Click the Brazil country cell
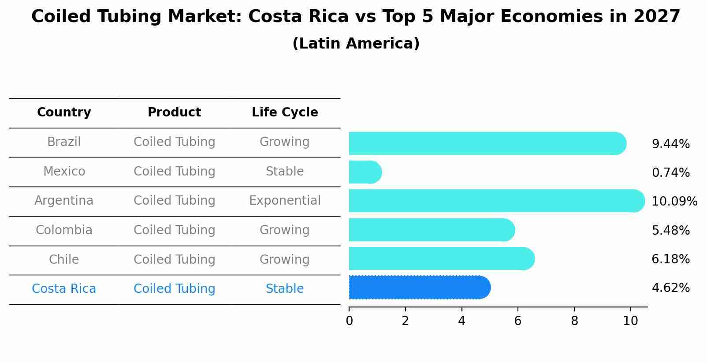tap(64, 142)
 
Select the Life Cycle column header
tap(285, 112)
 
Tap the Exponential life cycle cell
tap(285, 201)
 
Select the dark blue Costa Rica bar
tap(419, 288)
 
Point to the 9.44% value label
tap(670, 144)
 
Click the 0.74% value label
tap(670, 173)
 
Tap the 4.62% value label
tap(670, 288)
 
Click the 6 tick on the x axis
tap(518, 321)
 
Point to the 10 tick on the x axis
tap(630, 321)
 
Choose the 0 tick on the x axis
tap(349, 321)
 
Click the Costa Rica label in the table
tap(64, 289)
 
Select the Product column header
tap(174, 112)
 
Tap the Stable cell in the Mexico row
tap(285, 172)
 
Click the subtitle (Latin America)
tap(356, 44)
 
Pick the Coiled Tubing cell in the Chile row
tap(174, 260)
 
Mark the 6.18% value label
tap(670, 259)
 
